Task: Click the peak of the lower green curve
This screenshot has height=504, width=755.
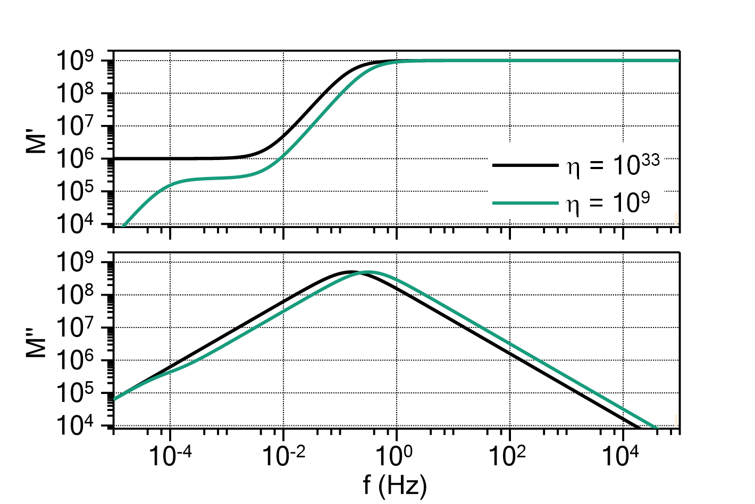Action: [x=368, y=272]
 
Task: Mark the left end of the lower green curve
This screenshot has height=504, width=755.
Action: [x=114, y=399]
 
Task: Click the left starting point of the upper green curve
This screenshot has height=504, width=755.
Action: [x=122, y=226]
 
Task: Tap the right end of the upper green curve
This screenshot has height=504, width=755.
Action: [x=678, y=61]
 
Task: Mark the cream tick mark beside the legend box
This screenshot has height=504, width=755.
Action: [x=676, y=219]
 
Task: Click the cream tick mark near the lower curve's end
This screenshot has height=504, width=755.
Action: [x=676, y=420]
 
